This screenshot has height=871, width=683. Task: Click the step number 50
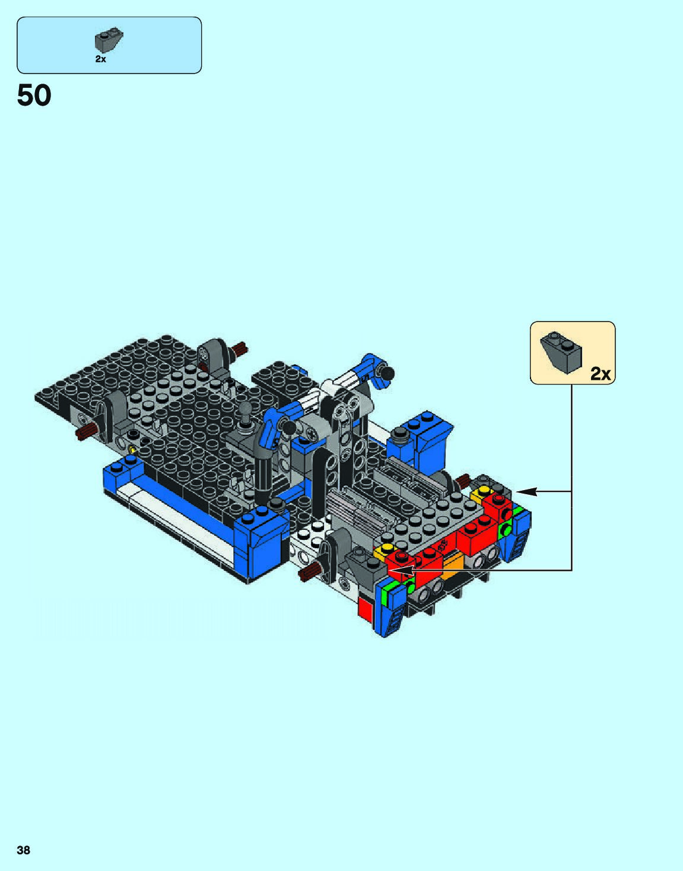pos(34,96)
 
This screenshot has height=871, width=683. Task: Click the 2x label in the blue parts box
pos(101,59)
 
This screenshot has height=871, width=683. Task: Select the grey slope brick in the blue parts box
pos(109,41)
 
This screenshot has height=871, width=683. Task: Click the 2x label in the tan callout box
pos(601,374)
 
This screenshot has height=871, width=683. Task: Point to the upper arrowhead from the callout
pos(525,491)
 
